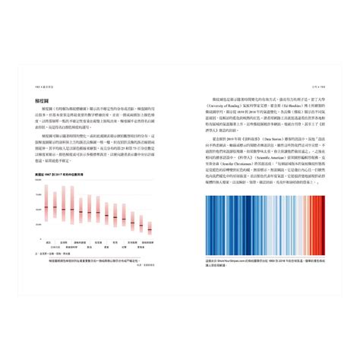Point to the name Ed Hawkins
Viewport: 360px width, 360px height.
[289, 105]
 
